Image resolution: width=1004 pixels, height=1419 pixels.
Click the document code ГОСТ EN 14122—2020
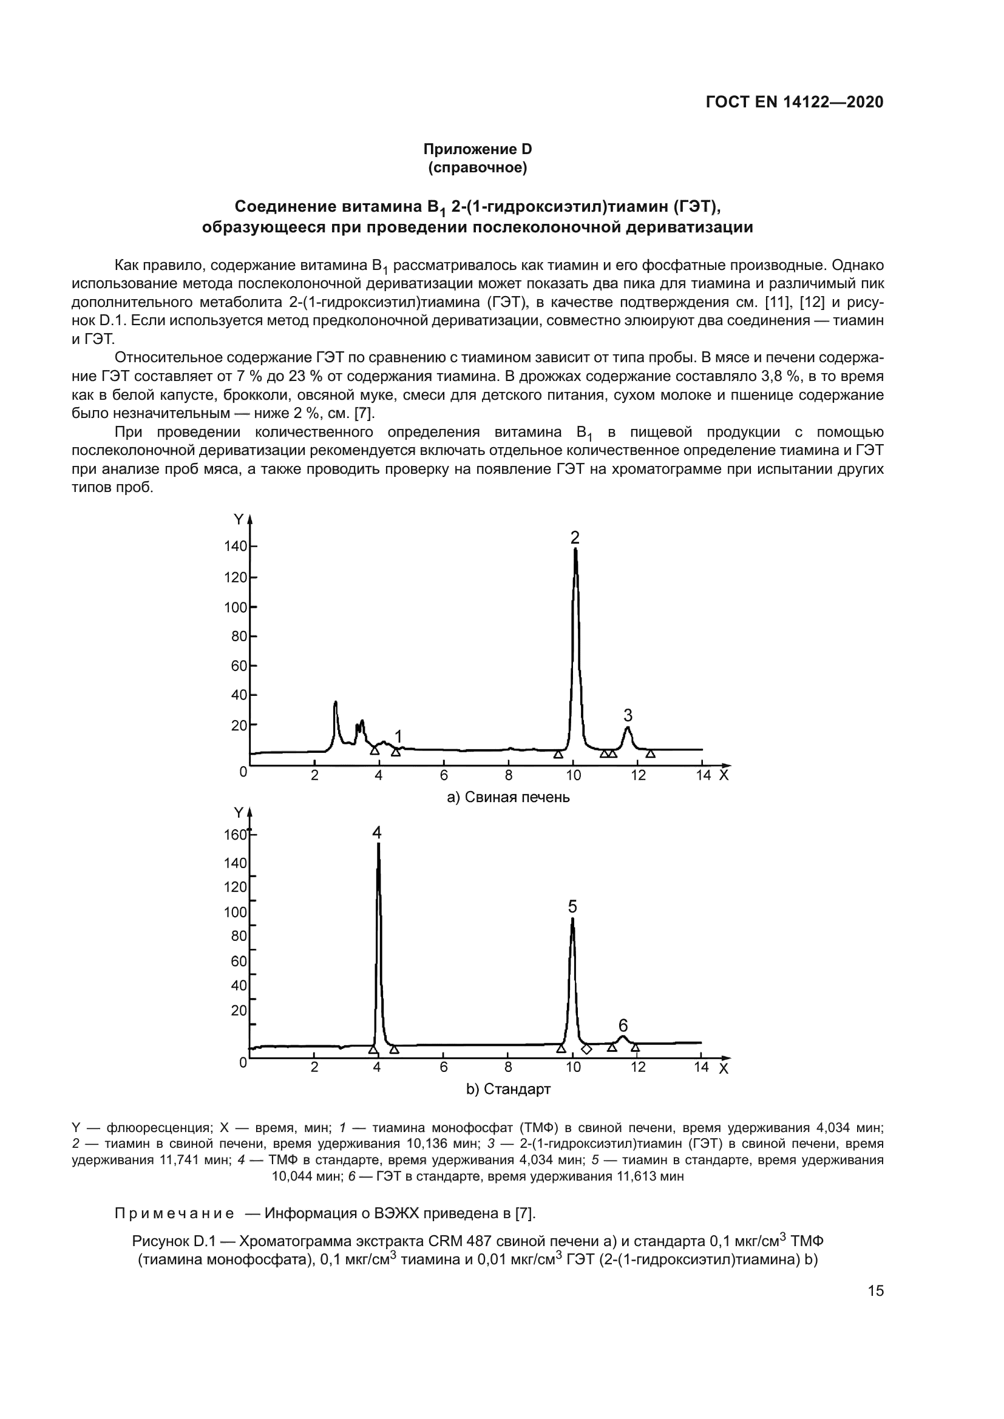(x=795, y=103)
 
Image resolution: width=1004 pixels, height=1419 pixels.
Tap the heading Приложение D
(x=477, y=150)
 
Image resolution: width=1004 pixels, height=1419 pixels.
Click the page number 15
(x=875, y=1291)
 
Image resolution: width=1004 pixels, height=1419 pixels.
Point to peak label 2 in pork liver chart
(x=575, y=537)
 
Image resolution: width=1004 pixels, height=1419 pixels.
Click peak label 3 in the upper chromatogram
(x=628, y=716)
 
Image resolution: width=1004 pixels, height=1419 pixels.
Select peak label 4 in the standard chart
(x=377, y=833)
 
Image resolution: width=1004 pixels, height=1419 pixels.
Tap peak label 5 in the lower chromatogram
(x=572, y=907)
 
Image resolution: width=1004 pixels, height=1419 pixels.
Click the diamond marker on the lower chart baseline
(x=587, y=1050)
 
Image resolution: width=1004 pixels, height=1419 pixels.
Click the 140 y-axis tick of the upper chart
(x=236, y=547)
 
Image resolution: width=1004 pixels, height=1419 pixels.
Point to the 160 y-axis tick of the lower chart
(x=236, y=835)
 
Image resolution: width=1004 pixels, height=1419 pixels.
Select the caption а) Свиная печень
(x=508, y=797)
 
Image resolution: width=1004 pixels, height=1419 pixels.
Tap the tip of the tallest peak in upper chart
(x=575, y=550)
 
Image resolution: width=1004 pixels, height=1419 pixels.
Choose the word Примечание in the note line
(x=174, y=1214)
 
